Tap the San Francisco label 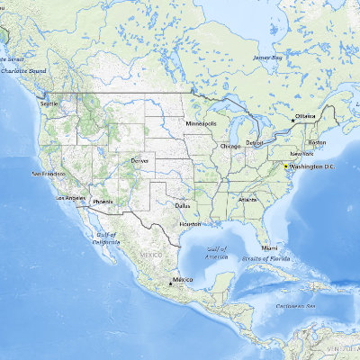49,173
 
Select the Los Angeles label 71,197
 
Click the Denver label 139,160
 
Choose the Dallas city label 184,205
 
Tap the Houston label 190,223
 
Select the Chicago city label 230,145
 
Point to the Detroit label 256,142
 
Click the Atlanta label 247,199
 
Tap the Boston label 317,142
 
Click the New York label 301,155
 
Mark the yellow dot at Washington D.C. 286,167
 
